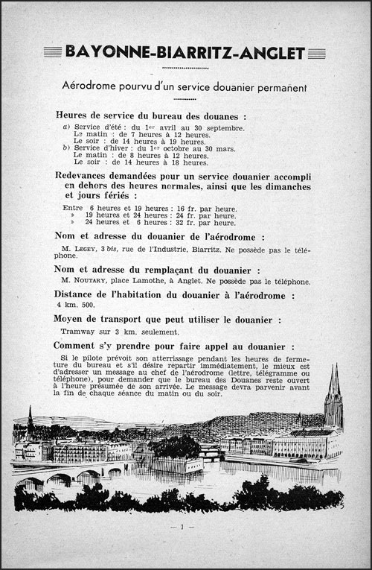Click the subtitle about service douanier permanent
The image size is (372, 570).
(x=185, y=87)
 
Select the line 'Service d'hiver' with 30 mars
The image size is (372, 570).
(x=149, y=148)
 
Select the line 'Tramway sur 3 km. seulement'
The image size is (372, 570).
(x=112, y=332)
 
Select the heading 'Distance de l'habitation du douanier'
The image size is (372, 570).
(x=174, y=295)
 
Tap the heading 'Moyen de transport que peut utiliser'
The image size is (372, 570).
(x=170, y=320)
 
